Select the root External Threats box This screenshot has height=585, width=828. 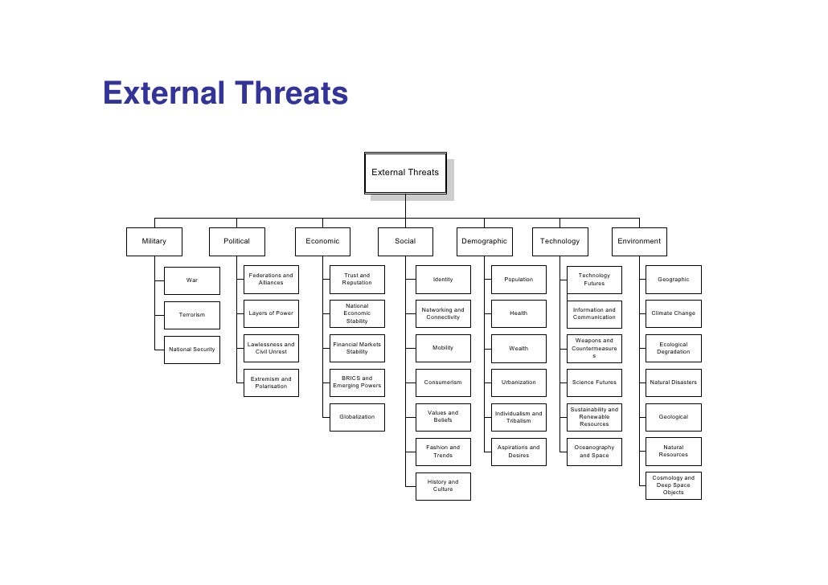pyautogui.click(x=405, y=173)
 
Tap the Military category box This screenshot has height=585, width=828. pyautogui.click(x=154, y=241)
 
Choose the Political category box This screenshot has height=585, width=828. pyautogui.click(x=236, y=241)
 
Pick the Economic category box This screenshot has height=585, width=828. pyautogui.click(x=322, y=241)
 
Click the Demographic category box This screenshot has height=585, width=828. pyautogui.click(x=484, y=241)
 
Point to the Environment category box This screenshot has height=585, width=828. pyautogui.click(x=639, y=241)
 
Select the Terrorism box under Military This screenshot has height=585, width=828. pyautogui.click(x=192, y=315)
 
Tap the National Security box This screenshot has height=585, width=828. pyautogui.click(x=192, y=350)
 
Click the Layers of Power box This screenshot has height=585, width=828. pyautogui.click(x=271, y=313)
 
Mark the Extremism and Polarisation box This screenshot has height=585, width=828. pyautogui.click(x=271, y=382)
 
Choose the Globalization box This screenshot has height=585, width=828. pyautogui.click(x=357, y=417)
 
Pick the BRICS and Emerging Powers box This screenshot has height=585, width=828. pyautogui.click(x=357, y=382)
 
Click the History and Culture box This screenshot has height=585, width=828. pyautogui.click(x=443, y=486)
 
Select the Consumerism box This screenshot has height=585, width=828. pyautogui.click(x=443, y=382)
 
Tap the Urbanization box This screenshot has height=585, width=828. pyautogui.click(x=519, y=382)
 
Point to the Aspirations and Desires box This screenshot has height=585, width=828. pyautogui.click(x=519, y=452)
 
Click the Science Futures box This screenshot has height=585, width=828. pyautogui.click(x=594, y=382)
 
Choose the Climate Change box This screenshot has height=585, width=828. pyautogui.click(x=674, y=313)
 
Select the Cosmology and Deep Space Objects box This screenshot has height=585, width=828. pyautogui.click(x=674, y=485)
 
